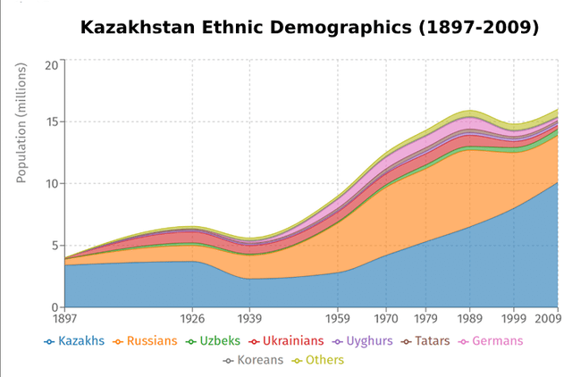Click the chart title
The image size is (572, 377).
tap(309, 28)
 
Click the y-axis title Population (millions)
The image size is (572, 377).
tap(21, 124)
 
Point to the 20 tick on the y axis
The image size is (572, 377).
tap(51, 64)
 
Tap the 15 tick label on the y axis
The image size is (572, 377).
tap(51, 121)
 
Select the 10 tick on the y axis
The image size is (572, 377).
tap(51, 183)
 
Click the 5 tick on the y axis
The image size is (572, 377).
tap(54, 246)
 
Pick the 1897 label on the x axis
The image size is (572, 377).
tap(64, 318)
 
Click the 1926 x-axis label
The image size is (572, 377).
tap(193, 318)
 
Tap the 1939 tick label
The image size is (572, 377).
tap(250, 318)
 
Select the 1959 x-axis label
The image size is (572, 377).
tap(338, 318)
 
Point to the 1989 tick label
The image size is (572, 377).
tap(469, 318)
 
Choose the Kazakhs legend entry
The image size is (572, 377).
tap(76, 340)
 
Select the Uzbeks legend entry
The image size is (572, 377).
tap(214, 340)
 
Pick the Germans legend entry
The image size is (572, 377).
tap(491, 340)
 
